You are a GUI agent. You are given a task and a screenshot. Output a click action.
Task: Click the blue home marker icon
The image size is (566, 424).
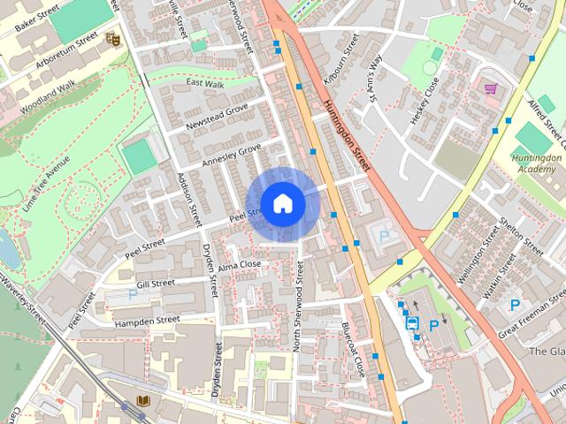[x=282, y=203]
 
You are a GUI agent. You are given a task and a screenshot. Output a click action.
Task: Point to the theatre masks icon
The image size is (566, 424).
[x=111, y=39]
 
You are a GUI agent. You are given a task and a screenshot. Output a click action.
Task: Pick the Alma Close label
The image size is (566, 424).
[x=240, y=264]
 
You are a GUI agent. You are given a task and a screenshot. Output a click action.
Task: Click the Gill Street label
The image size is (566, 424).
[x=157, y=284]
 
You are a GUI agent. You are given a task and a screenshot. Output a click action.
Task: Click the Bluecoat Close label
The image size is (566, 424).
[x=354, y=350]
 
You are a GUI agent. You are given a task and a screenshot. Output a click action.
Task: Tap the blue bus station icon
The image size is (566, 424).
[x=413, y=323]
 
